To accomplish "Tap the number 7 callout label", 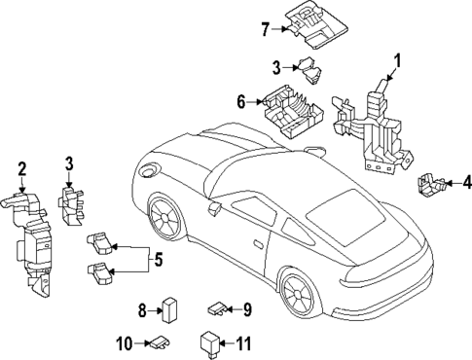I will tap(265, 28).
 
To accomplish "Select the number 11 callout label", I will tap(244, 342).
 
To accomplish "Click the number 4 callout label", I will tap(466, 180).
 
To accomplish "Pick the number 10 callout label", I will tap(124, 342).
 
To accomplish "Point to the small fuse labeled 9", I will tap(216, 309).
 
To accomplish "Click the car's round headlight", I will tap(149, 170).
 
